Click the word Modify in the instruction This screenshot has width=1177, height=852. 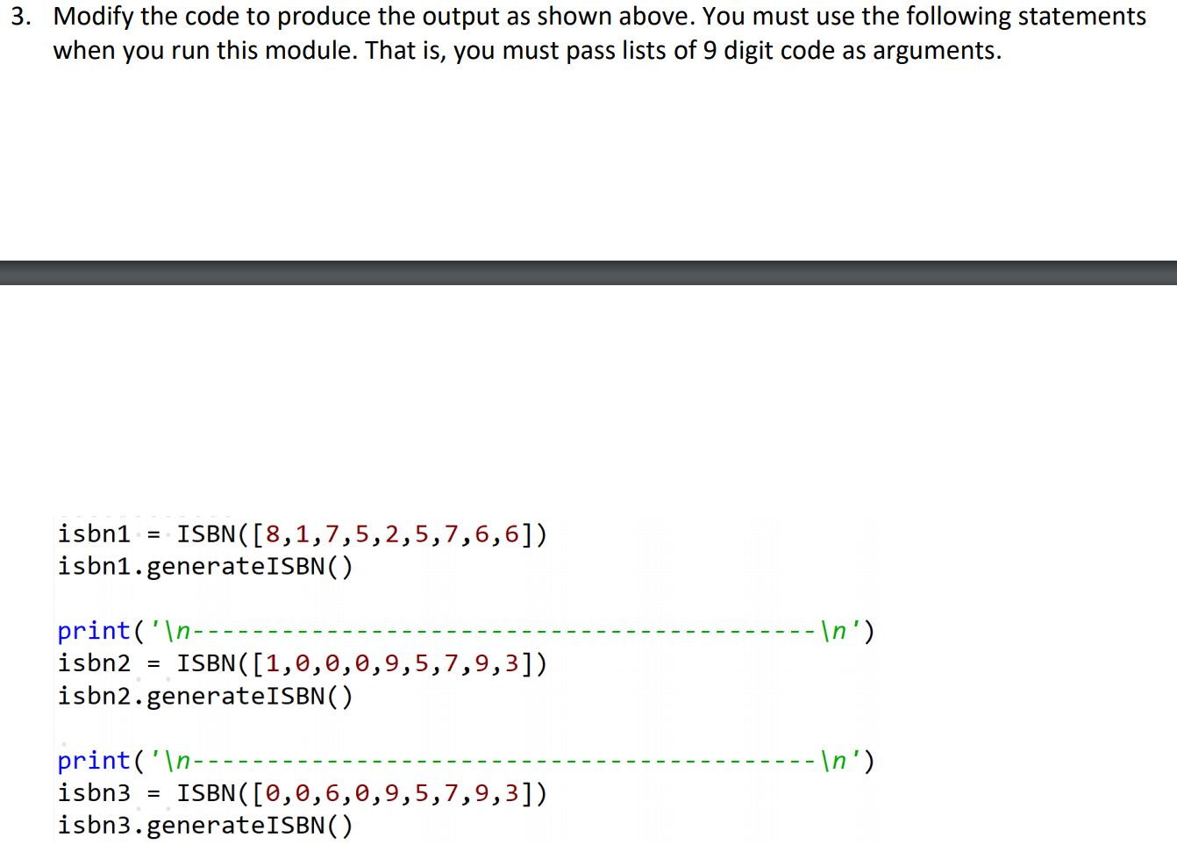pyautogui.click(x=93, y=17)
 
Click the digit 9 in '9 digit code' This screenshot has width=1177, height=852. pyautogui.click(x=710, y=51)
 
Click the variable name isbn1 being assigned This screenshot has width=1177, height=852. pyautogui.click(x=94, y=533)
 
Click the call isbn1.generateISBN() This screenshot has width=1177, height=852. pyautogui.click(x=205, y=567)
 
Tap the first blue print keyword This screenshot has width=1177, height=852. pyautogui.click(x=93, y=631)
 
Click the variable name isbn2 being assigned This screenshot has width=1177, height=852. pyautogui.click(x=94, y=663)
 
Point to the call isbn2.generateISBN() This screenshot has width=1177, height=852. pyautogui.click(x=205, y=697)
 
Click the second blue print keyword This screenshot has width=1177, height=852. pyautogui.click(x=93, y=761)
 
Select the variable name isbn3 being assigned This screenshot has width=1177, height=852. pyautogui.click(x=94, y=793)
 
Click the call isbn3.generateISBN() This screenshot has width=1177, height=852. pyautogui.click(x=205, y=826)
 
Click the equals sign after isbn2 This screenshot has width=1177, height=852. pyautogui.click(x=153, y=664)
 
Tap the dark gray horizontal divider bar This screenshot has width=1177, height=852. pyautogui.click(x=588, y=273)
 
